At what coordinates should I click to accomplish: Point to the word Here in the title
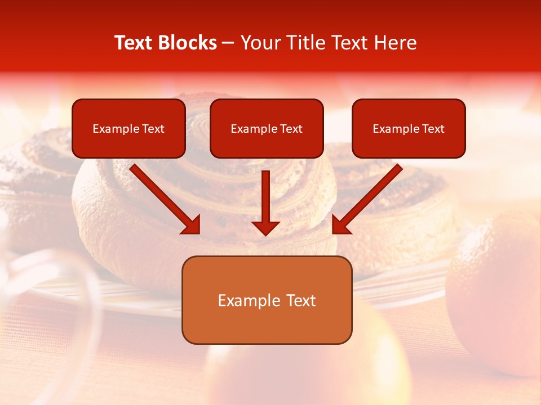coord(394,43)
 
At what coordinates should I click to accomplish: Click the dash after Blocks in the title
coord(229,43)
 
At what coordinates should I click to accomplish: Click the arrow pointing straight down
coord(265,202)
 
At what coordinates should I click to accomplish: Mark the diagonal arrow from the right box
coord(367,199)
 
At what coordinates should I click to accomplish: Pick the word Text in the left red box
coord(153,129)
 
